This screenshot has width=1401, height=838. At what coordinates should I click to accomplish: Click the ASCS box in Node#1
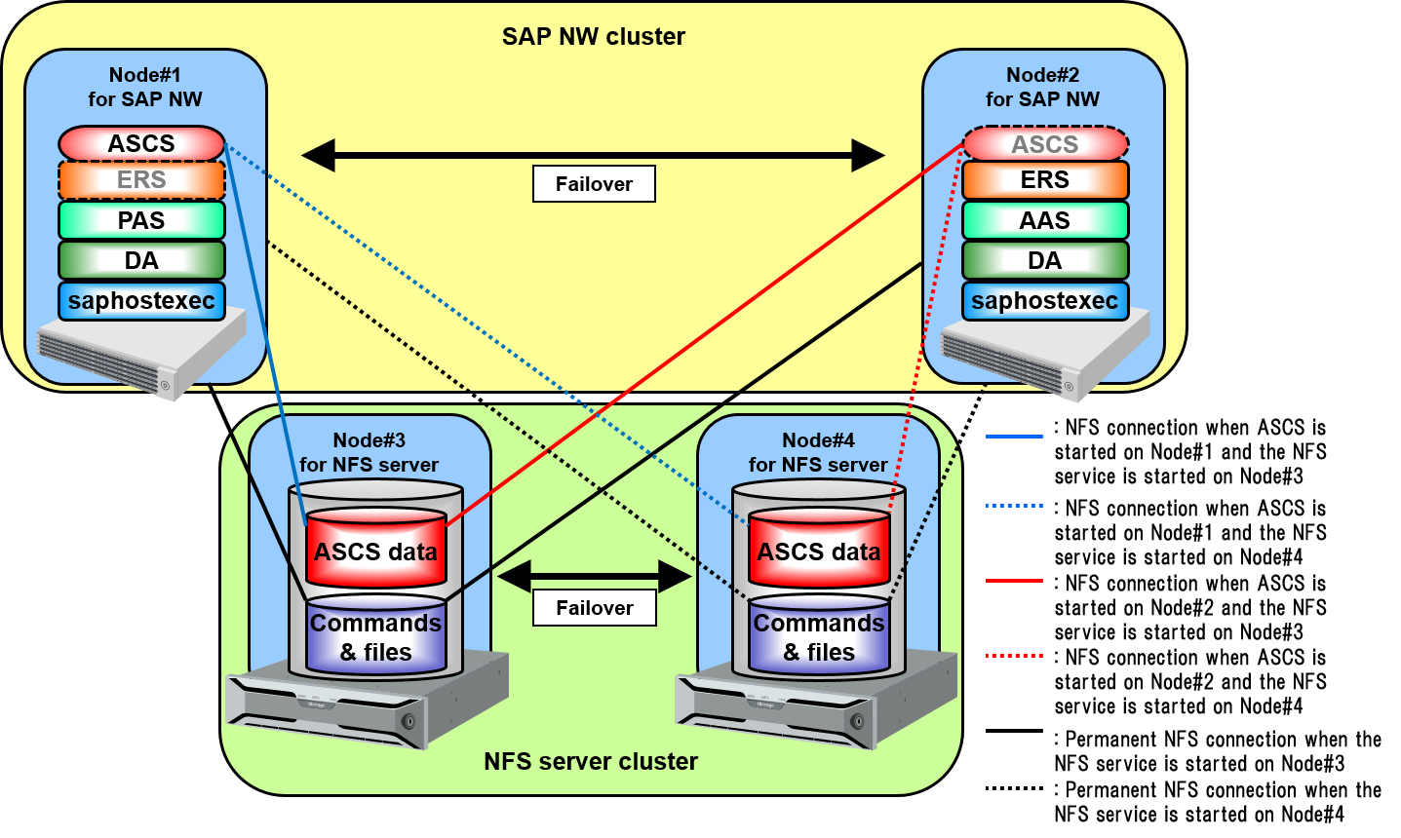[141, 143]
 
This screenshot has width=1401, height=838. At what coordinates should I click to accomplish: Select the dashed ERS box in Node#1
[141, 180]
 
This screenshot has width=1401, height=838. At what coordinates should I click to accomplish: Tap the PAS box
[141, 220]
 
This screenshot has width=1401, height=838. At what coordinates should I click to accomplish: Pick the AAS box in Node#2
[1044, 220]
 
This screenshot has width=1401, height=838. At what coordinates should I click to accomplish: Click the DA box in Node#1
[141, 260]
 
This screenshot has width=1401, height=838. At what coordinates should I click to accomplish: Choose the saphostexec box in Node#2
[1044, 301]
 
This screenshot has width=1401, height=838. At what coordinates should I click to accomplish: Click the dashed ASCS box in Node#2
[1044, 144]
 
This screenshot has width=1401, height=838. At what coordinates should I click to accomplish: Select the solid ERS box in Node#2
[1044, 180]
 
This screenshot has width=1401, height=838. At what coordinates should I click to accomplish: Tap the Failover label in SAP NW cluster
[594, 184]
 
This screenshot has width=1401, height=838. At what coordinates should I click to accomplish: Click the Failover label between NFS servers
[594, 608]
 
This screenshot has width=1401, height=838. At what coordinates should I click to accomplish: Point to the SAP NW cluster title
[593, 37]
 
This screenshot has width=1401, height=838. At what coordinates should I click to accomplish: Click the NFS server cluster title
[591, 761]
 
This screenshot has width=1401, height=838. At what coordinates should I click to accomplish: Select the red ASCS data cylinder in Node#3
[375, 551]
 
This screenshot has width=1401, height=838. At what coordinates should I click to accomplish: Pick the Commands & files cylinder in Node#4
[819, 636]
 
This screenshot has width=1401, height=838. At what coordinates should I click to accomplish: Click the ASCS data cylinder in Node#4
[819, 551]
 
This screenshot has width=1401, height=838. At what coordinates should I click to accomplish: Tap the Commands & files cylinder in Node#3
[375, 636]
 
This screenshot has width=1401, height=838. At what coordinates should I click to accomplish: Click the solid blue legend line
[1014, 437]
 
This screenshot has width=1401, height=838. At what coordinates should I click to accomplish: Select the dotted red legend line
[1014, 656]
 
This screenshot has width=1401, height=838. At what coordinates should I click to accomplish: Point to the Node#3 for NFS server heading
[369, 452]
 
